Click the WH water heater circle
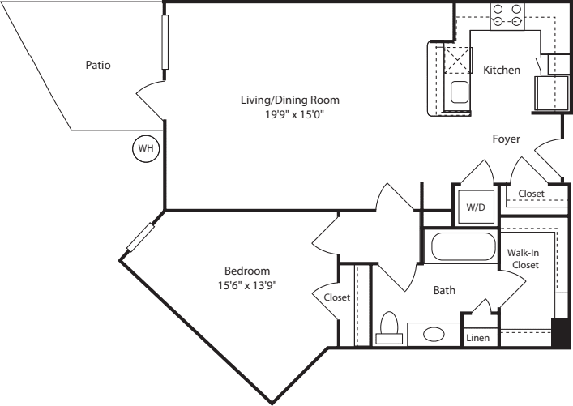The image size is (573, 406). click(146, 149)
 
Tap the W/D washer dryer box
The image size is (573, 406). click(474, 206)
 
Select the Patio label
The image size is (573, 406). click(98, 65)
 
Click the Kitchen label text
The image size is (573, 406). click(502, 71)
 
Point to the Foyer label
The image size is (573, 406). click(507, 139)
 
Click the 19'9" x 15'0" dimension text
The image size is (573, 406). click(289, 115)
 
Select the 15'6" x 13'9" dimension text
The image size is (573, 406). click(246, 284)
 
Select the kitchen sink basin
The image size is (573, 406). click(460, 91)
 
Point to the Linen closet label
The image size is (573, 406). click(477, 338)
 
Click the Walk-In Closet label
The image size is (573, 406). click(523, 259)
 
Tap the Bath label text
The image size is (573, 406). click(444, 290)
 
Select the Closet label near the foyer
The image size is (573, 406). click(531, 194)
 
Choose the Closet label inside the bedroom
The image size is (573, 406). click(337, 297)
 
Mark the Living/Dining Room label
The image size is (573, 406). click(289, 100)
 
